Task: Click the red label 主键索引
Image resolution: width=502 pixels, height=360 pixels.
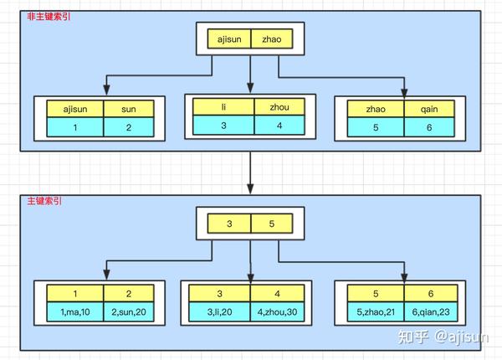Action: pos(38,202)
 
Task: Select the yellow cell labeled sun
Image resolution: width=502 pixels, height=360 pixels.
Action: pos(127,109)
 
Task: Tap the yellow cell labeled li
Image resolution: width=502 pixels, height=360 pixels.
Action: pos(223,107)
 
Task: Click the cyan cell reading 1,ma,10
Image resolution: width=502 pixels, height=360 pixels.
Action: pos(75,311)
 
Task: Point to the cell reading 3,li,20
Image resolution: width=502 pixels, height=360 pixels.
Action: pos(220,311)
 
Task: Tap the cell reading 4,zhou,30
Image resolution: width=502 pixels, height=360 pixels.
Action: pos(280,311)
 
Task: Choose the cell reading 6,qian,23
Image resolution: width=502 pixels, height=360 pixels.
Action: pos(432,311)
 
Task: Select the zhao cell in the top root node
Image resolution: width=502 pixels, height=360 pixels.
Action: pos(274,39)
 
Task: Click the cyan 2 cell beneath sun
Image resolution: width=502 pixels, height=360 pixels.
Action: pos(127,127)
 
